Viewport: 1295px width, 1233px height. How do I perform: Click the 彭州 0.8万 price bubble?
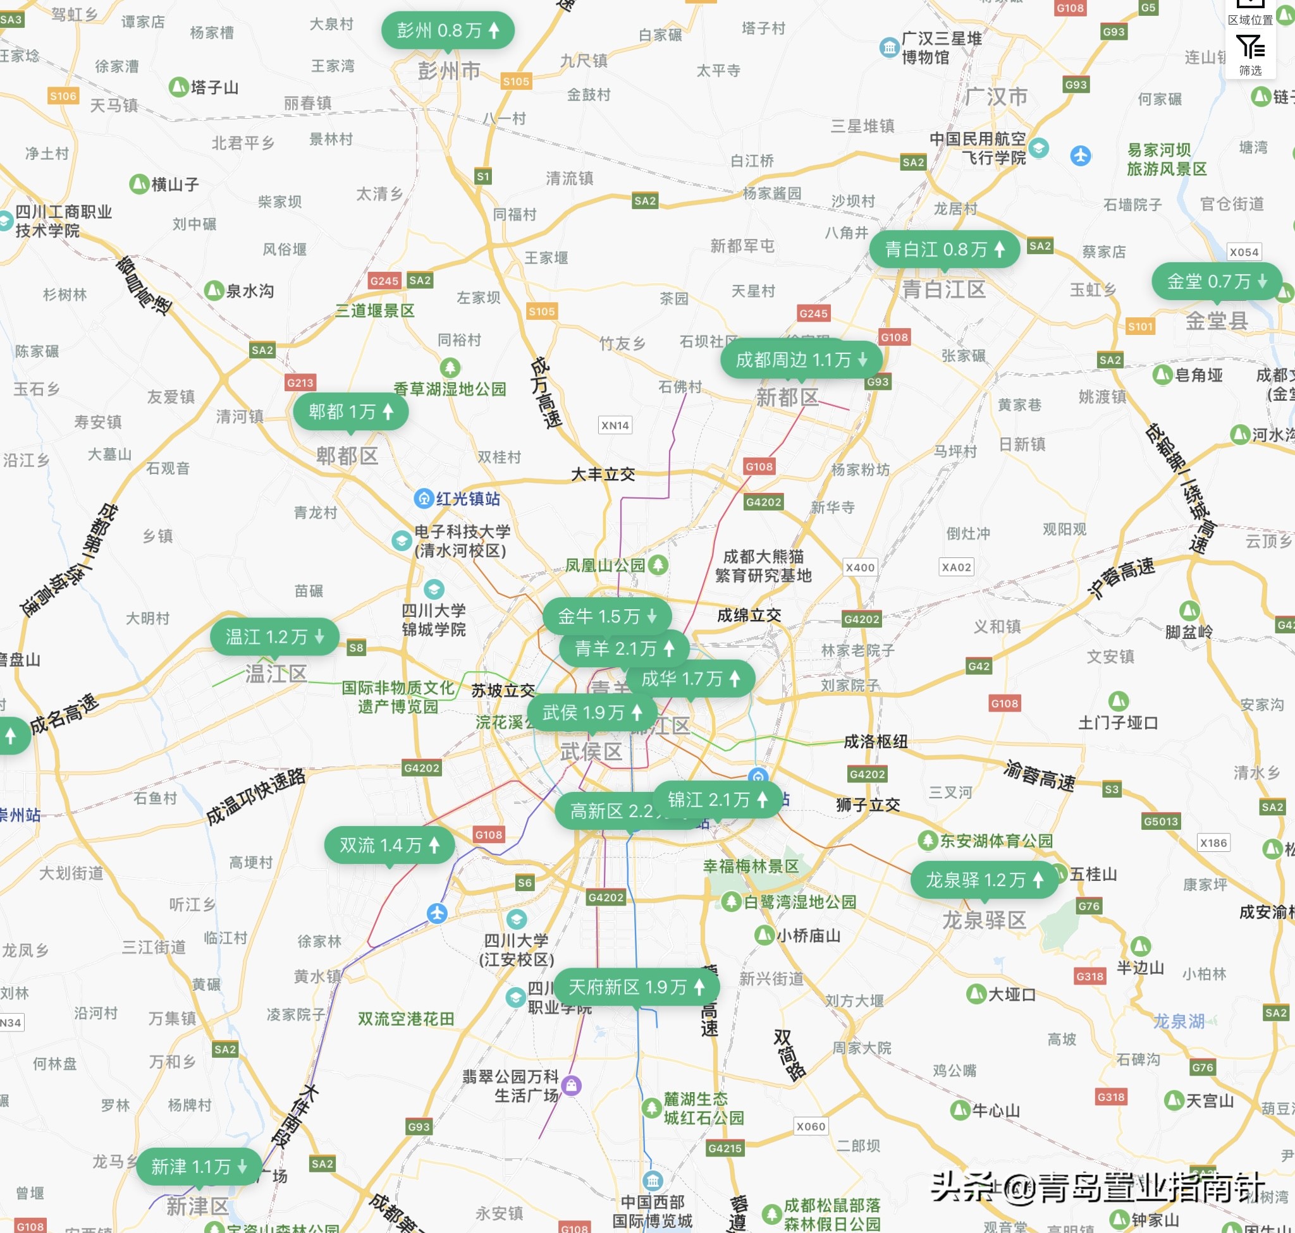447,30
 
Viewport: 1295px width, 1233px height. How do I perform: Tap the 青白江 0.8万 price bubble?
944,249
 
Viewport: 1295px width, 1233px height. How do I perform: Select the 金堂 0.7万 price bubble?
1216,281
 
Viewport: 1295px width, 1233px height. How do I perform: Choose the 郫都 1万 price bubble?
350,411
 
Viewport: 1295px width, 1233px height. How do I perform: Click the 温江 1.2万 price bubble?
274,636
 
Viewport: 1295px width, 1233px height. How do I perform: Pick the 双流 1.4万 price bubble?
389,844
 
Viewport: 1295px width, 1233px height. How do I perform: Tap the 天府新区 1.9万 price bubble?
636,987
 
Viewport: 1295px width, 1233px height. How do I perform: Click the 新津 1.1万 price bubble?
199,1167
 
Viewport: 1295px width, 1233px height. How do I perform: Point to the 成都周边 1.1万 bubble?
801,360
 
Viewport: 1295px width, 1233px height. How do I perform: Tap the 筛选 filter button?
1249,55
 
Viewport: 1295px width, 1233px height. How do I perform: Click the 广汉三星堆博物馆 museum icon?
889,47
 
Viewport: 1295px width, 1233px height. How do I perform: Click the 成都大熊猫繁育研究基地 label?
763,566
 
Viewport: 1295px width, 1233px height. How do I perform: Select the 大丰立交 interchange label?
603,474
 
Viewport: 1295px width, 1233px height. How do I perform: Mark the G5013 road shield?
1161,821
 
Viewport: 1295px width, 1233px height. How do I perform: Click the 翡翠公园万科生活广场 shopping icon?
572,1085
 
